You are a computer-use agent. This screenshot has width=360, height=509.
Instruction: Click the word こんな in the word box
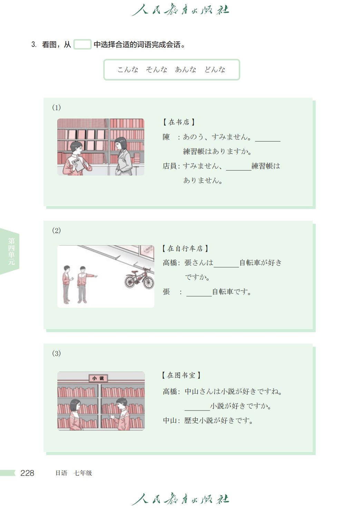(x=128, y=69)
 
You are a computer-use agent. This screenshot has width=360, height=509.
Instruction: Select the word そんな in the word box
(x=156, y=69)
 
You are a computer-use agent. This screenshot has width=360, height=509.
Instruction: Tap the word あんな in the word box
(x=186, y=69)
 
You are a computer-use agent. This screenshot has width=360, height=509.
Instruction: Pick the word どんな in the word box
(x=215, y=69)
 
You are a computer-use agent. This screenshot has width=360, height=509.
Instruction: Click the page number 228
(x=27, y=473)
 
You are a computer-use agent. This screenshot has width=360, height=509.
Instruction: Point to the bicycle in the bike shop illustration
(x=139, y=278)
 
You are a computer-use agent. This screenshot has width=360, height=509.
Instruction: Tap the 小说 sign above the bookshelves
(x=98, y=378)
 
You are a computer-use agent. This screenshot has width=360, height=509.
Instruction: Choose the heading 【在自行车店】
(x=185, y=248)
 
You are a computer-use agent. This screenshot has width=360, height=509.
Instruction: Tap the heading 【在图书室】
(x=181, y=375)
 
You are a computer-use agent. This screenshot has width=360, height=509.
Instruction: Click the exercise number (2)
(x=56, y=230)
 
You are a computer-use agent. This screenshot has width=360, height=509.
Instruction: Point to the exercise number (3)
(x=56, y=353)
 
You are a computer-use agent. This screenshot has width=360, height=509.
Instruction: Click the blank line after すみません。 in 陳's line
(x=268, y=141)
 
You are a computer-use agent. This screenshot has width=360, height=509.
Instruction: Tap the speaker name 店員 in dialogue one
(x=169, y=166)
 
